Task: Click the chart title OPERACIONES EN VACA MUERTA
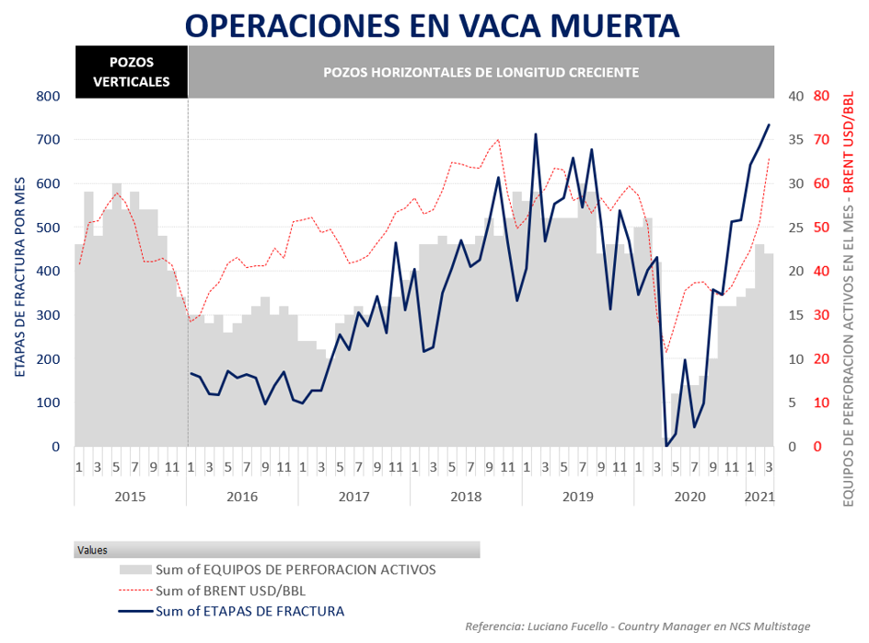[433, 25]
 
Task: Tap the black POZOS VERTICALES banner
[131, 72]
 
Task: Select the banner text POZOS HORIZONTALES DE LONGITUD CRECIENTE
[481, 72]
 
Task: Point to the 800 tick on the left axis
[48, 96]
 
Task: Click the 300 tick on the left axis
[48, 315]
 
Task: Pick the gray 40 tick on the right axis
[796, 96]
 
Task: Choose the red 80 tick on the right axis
[822, 96]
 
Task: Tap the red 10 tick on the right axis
[822, 403]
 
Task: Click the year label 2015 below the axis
[130, 497]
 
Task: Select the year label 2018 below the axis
[466, 497]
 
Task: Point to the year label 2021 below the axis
[759, 497]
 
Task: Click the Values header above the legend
[92, 550]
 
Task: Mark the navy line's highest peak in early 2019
[535, 134]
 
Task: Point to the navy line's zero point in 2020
[666, 446]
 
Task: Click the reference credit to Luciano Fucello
[637, 626]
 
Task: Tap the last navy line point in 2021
[769, 124]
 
